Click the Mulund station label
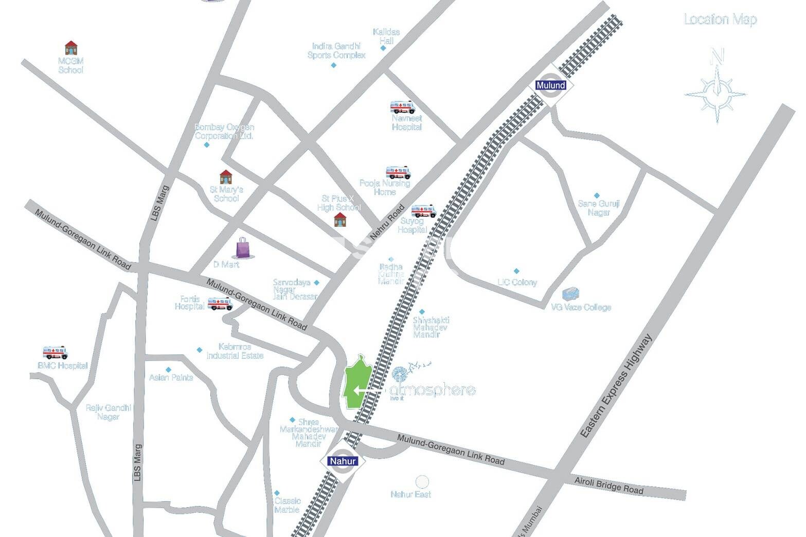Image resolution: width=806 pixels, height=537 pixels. click(550, 85)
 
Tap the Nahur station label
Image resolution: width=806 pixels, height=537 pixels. click(343, 461)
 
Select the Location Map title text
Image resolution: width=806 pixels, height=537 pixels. click(720, 20)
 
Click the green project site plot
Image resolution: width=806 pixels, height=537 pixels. click(359, 382)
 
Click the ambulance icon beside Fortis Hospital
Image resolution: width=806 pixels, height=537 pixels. click(220, 303)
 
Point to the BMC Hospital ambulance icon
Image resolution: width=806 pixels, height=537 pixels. click(55, 352)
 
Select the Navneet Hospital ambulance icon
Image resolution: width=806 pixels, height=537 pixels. click(402, 107)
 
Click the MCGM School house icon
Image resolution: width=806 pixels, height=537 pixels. click(71, 48)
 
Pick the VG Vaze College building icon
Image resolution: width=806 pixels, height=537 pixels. click(571, 294)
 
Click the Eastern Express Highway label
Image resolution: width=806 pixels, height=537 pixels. click(616, 387)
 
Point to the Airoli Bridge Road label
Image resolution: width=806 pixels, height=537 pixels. click(608, 486)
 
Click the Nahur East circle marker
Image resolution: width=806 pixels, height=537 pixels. click(422, 482)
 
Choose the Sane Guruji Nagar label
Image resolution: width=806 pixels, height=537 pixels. click(598, 208)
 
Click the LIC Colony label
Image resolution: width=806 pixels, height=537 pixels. click(517, 282)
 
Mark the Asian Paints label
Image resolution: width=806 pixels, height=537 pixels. click(171, 378)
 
